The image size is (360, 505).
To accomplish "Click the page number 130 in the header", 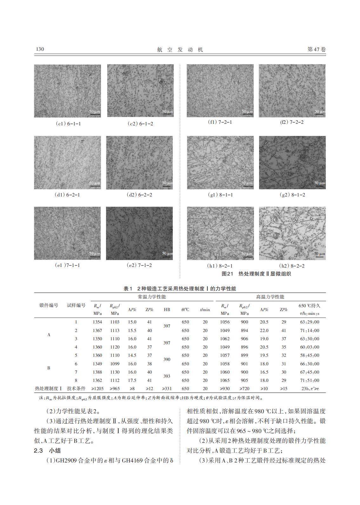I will (x=40, y=49).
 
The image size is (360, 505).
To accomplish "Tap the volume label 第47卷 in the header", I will (x=317, y=50).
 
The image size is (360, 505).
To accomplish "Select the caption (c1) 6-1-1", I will (x=68, y=124).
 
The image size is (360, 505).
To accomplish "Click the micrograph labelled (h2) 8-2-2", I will (x=292, y=233).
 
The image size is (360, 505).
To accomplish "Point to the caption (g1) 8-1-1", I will (x=220, y=195).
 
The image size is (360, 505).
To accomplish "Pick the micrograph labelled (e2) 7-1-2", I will (x=139, y=233).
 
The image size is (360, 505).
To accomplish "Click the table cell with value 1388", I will (x=97, y=372).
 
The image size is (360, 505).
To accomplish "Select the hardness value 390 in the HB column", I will (x=167, y=360).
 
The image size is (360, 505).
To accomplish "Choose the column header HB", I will (x=167, y=309).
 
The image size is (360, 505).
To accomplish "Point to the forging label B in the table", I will (x=49, y=368).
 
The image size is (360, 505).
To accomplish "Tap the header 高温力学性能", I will (x=270, y=297).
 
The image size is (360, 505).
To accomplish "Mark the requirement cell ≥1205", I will (x=97, y=389).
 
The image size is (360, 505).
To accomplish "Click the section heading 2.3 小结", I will (x=47, y=451).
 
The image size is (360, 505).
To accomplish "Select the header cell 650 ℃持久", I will (x=310, y=306).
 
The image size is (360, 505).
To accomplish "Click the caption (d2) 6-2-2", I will (x=139, y=195).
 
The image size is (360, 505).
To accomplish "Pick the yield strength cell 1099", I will (x=115, y=364).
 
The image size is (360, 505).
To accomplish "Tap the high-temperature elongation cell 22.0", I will (x=264, y=330).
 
